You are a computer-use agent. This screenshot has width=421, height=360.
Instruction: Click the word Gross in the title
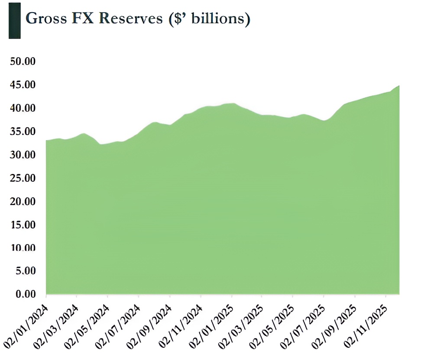tap(46, 19)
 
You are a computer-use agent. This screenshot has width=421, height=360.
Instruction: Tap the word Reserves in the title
tap(126, 19)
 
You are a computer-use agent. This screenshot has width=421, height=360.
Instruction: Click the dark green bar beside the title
tap(15, 20)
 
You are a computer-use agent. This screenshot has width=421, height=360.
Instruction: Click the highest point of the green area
tap(398, 86)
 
